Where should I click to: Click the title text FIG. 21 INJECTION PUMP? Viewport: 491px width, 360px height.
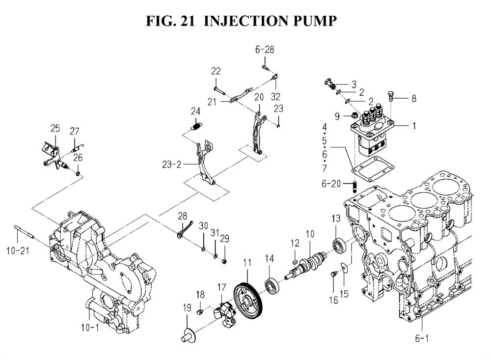coord(241,21)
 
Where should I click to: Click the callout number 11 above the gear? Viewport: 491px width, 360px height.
coord(246,263)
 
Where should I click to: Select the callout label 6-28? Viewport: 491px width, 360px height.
coord(264,49)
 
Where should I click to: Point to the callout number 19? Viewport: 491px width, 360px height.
coord(187,308)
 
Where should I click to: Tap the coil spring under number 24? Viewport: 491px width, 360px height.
coord(196,127)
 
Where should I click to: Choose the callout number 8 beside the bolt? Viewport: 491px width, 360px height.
coord(413,98)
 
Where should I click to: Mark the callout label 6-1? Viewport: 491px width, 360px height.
coord(422,338)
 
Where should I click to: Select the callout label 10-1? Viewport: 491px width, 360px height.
coord(90,327)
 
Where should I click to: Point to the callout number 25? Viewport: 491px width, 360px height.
coord(55,129)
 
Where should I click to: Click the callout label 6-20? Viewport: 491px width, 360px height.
coord(331,184)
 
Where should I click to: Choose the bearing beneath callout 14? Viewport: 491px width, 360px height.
coord(272,285)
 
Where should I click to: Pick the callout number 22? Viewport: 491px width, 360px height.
coord(216,71)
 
